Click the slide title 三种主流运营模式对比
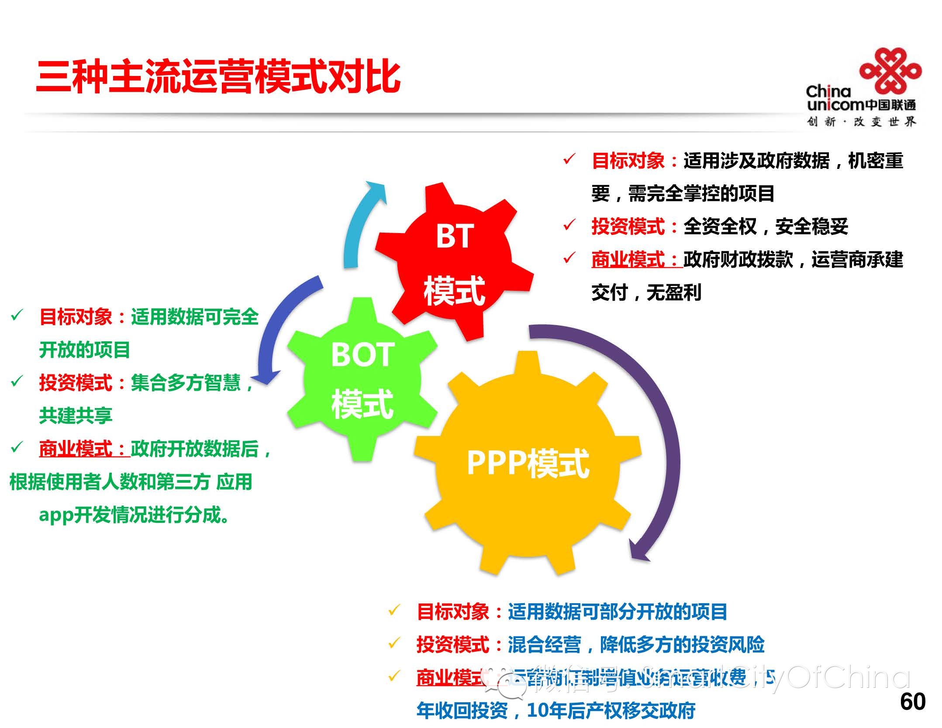(x=218, y=77)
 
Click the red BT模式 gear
(x=454, y=262)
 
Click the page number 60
(x=912, y=702)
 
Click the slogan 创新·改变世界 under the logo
(x=861, y=122)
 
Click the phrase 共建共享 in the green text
(x=76, y=416)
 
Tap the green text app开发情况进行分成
(x=134, y=515)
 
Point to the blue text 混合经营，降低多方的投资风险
(x=636, y=645)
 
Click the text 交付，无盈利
(x=646, y=292)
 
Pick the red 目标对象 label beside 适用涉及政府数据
(x=628, y=161)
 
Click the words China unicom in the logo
(x=834, y=99)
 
